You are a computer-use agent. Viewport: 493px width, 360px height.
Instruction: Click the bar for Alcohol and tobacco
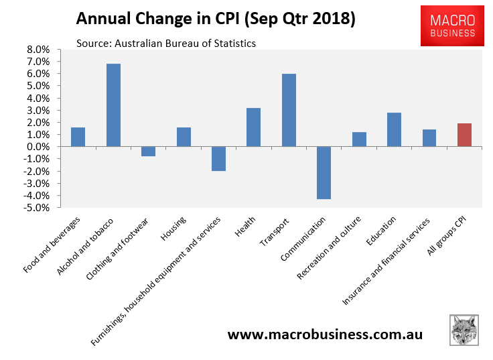coord(113,105)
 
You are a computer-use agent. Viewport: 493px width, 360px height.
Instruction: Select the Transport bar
coord(289,110)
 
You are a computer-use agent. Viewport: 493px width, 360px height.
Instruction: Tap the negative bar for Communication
coord(324,172)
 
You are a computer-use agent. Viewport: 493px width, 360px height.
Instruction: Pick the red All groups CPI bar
coord(464,135)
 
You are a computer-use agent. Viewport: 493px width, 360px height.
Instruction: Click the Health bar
coord(253,127)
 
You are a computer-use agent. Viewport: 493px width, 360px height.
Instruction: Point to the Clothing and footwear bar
coord(148,151)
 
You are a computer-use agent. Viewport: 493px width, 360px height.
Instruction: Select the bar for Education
coord(394,129)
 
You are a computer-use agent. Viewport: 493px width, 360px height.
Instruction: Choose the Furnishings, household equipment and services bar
coord(218,158)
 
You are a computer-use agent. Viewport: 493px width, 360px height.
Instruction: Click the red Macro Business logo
coord(448,25)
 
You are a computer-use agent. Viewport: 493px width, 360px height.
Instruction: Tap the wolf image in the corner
coord(464,331)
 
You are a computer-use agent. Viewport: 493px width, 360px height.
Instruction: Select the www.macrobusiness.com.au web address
coord(325,334)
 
